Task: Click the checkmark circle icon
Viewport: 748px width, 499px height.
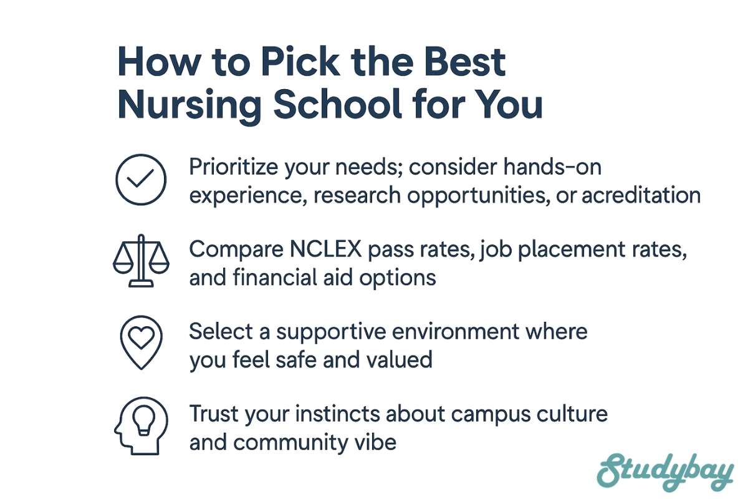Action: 141,180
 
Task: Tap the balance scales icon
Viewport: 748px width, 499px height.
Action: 141,261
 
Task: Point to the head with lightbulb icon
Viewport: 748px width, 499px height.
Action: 141,426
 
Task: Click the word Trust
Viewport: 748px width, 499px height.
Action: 214,414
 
